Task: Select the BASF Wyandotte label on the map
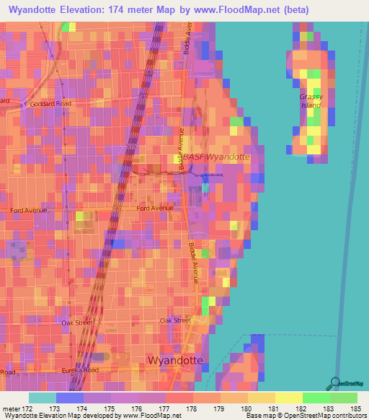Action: coord(216,157)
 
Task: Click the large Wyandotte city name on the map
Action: coord(175,359)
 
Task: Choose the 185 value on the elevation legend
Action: coord(356,408)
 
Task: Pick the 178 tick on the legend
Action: coord(192,408)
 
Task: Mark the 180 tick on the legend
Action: coord(246,408)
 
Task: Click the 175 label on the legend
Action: coord(110,408)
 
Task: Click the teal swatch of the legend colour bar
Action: coord(42,398)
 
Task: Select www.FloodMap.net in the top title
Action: coord(226,10)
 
